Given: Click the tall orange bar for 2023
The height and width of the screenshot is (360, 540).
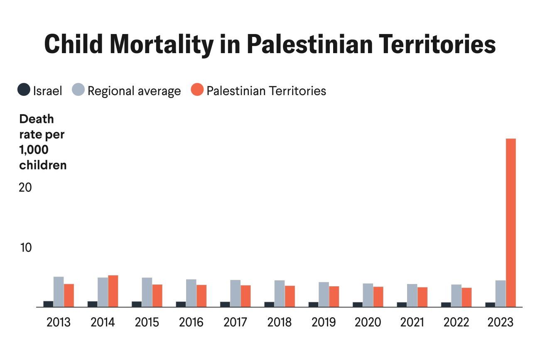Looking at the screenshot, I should click(x=511, y=223).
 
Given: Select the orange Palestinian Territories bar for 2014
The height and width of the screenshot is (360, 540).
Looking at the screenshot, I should click(x=113, y=291).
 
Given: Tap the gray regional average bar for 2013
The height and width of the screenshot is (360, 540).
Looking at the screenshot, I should click(x=59, y=292).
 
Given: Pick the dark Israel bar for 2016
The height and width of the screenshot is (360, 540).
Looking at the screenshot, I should click(x=181, y=304).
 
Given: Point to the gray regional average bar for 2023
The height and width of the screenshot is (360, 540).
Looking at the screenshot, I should click(x=501, y=294).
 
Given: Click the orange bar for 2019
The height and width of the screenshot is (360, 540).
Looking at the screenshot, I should click(x=334, y=296).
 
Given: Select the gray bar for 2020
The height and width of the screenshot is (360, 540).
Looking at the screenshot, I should click(x=368, y=295).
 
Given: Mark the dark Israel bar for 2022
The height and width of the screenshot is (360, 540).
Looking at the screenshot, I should click(x=446, y=305).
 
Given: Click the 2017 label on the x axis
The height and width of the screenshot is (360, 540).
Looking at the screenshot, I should click(x=236, y=323).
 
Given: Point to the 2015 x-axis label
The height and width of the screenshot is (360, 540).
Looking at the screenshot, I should click(x=147, y=323).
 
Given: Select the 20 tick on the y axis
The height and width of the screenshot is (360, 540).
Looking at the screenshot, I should click(x=25, y=187).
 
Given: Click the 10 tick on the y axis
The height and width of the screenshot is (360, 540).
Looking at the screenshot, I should click(x=26, y=247).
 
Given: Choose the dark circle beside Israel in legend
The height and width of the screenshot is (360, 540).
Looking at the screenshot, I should click(x=24, y=90).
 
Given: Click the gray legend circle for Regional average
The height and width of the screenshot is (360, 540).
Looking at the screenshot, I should click(x=78, y=90).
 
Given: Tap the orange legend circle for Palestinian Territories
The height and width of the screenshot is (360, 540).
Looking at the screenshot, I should click(x=197, y=90).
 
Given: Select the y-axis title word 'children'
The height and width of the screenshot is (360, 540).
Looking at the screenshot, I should click(x=43, y=165).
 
